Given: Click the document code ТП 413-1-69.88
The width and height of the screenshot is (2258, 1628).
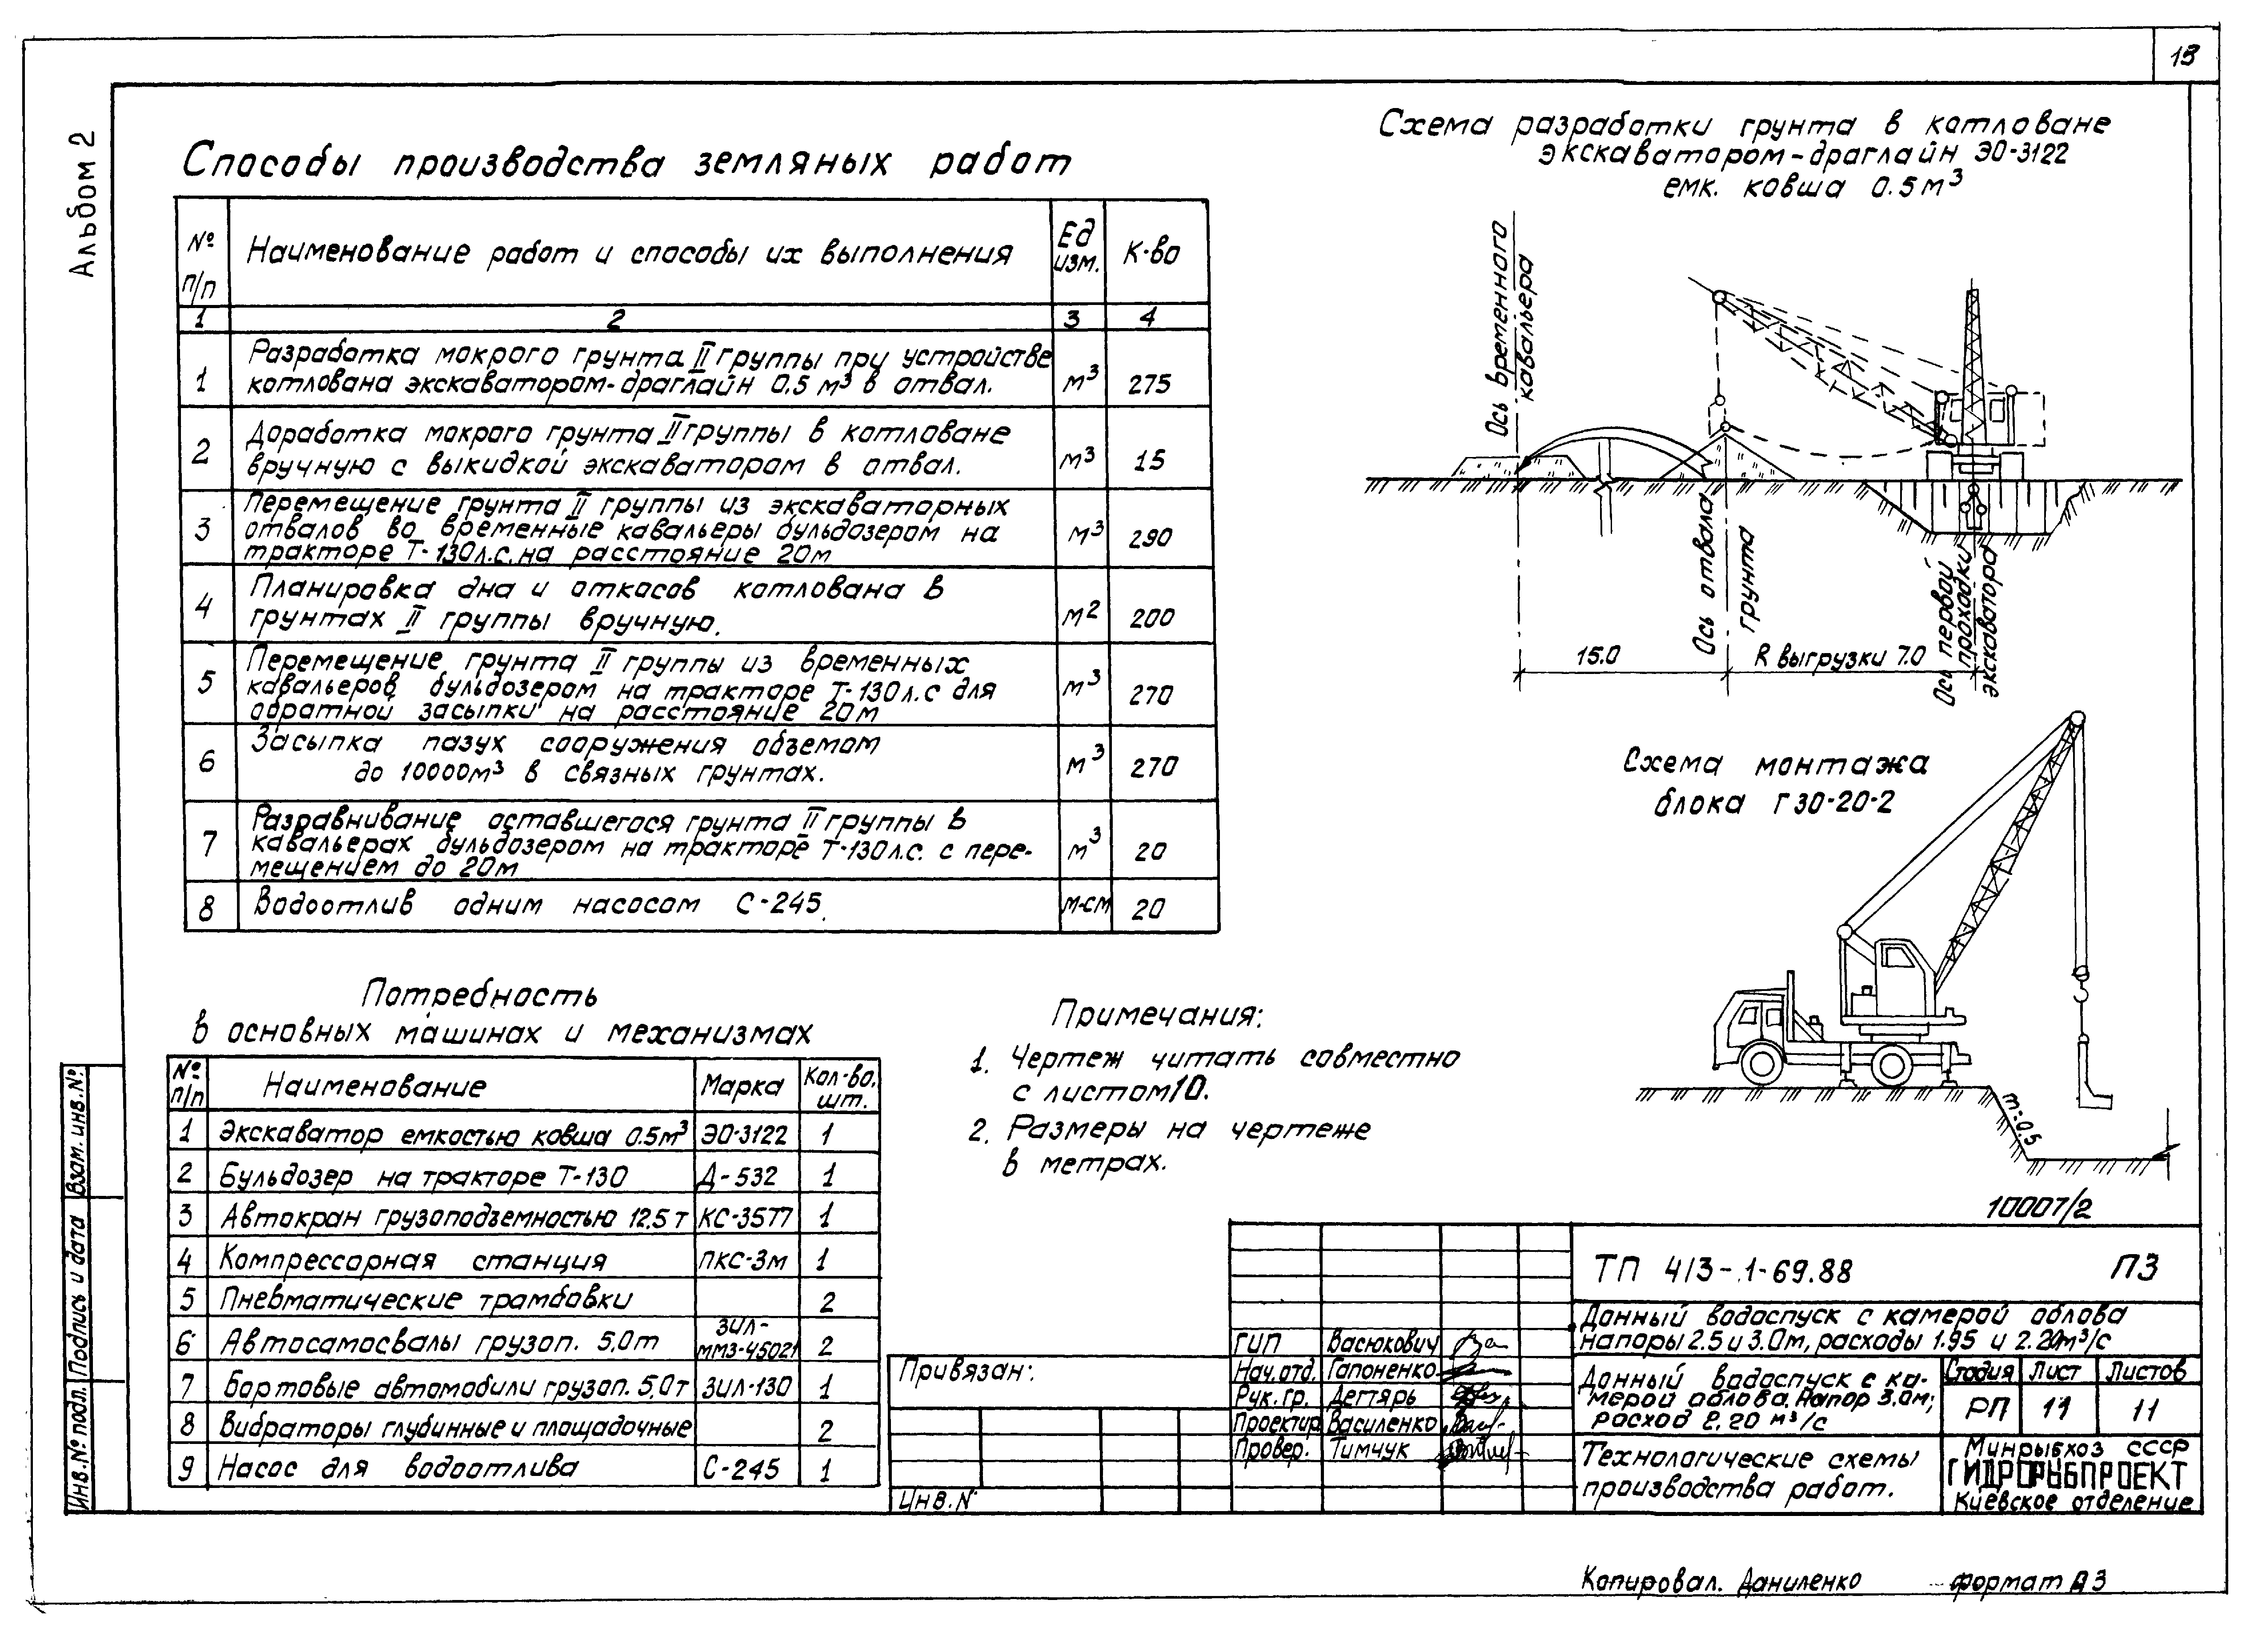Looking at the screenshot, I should coord(1722,1271).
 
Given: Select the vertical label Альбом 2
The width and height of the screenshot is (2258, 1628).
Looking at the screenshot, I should coord(86,204).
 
